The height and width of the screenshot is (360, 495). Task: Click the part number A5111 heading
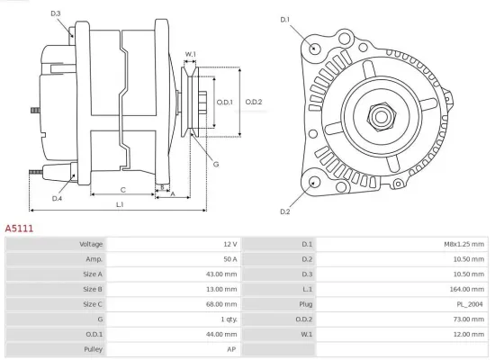click(x=19, y=229)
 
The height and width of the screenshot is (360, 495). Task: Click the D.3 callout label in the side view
click(x=56, y=13)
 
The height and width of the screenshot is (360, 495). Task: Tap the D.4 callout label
click(x=57, y=198)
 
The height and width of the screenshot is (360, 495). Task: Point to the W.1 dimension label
click(x=191, y=55)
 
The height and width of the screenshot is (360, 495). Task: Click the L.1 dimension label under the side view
click(x=120, y=206)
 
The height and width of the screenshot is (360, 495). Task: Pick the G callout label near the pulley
click(x=216, y=164)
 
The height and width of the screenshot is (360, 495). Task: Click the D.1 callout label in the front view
click(x=285, y=19)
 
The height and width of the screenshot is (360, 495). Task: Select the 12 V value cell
click(x=229, y=244)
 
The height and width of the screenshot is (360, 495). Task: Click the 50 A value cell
click(x=229, y=259)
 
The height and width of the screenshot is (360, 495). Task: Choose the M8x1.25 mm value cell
click(x=465, y=244)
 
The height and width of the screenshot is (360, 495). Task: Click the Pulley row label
click(x=93, y=349)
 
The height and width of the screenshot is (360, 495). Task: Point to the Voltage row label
click(x=91, y=244)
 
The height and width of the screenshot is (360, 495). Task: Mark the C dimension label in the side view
click(x=122, y=190)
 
